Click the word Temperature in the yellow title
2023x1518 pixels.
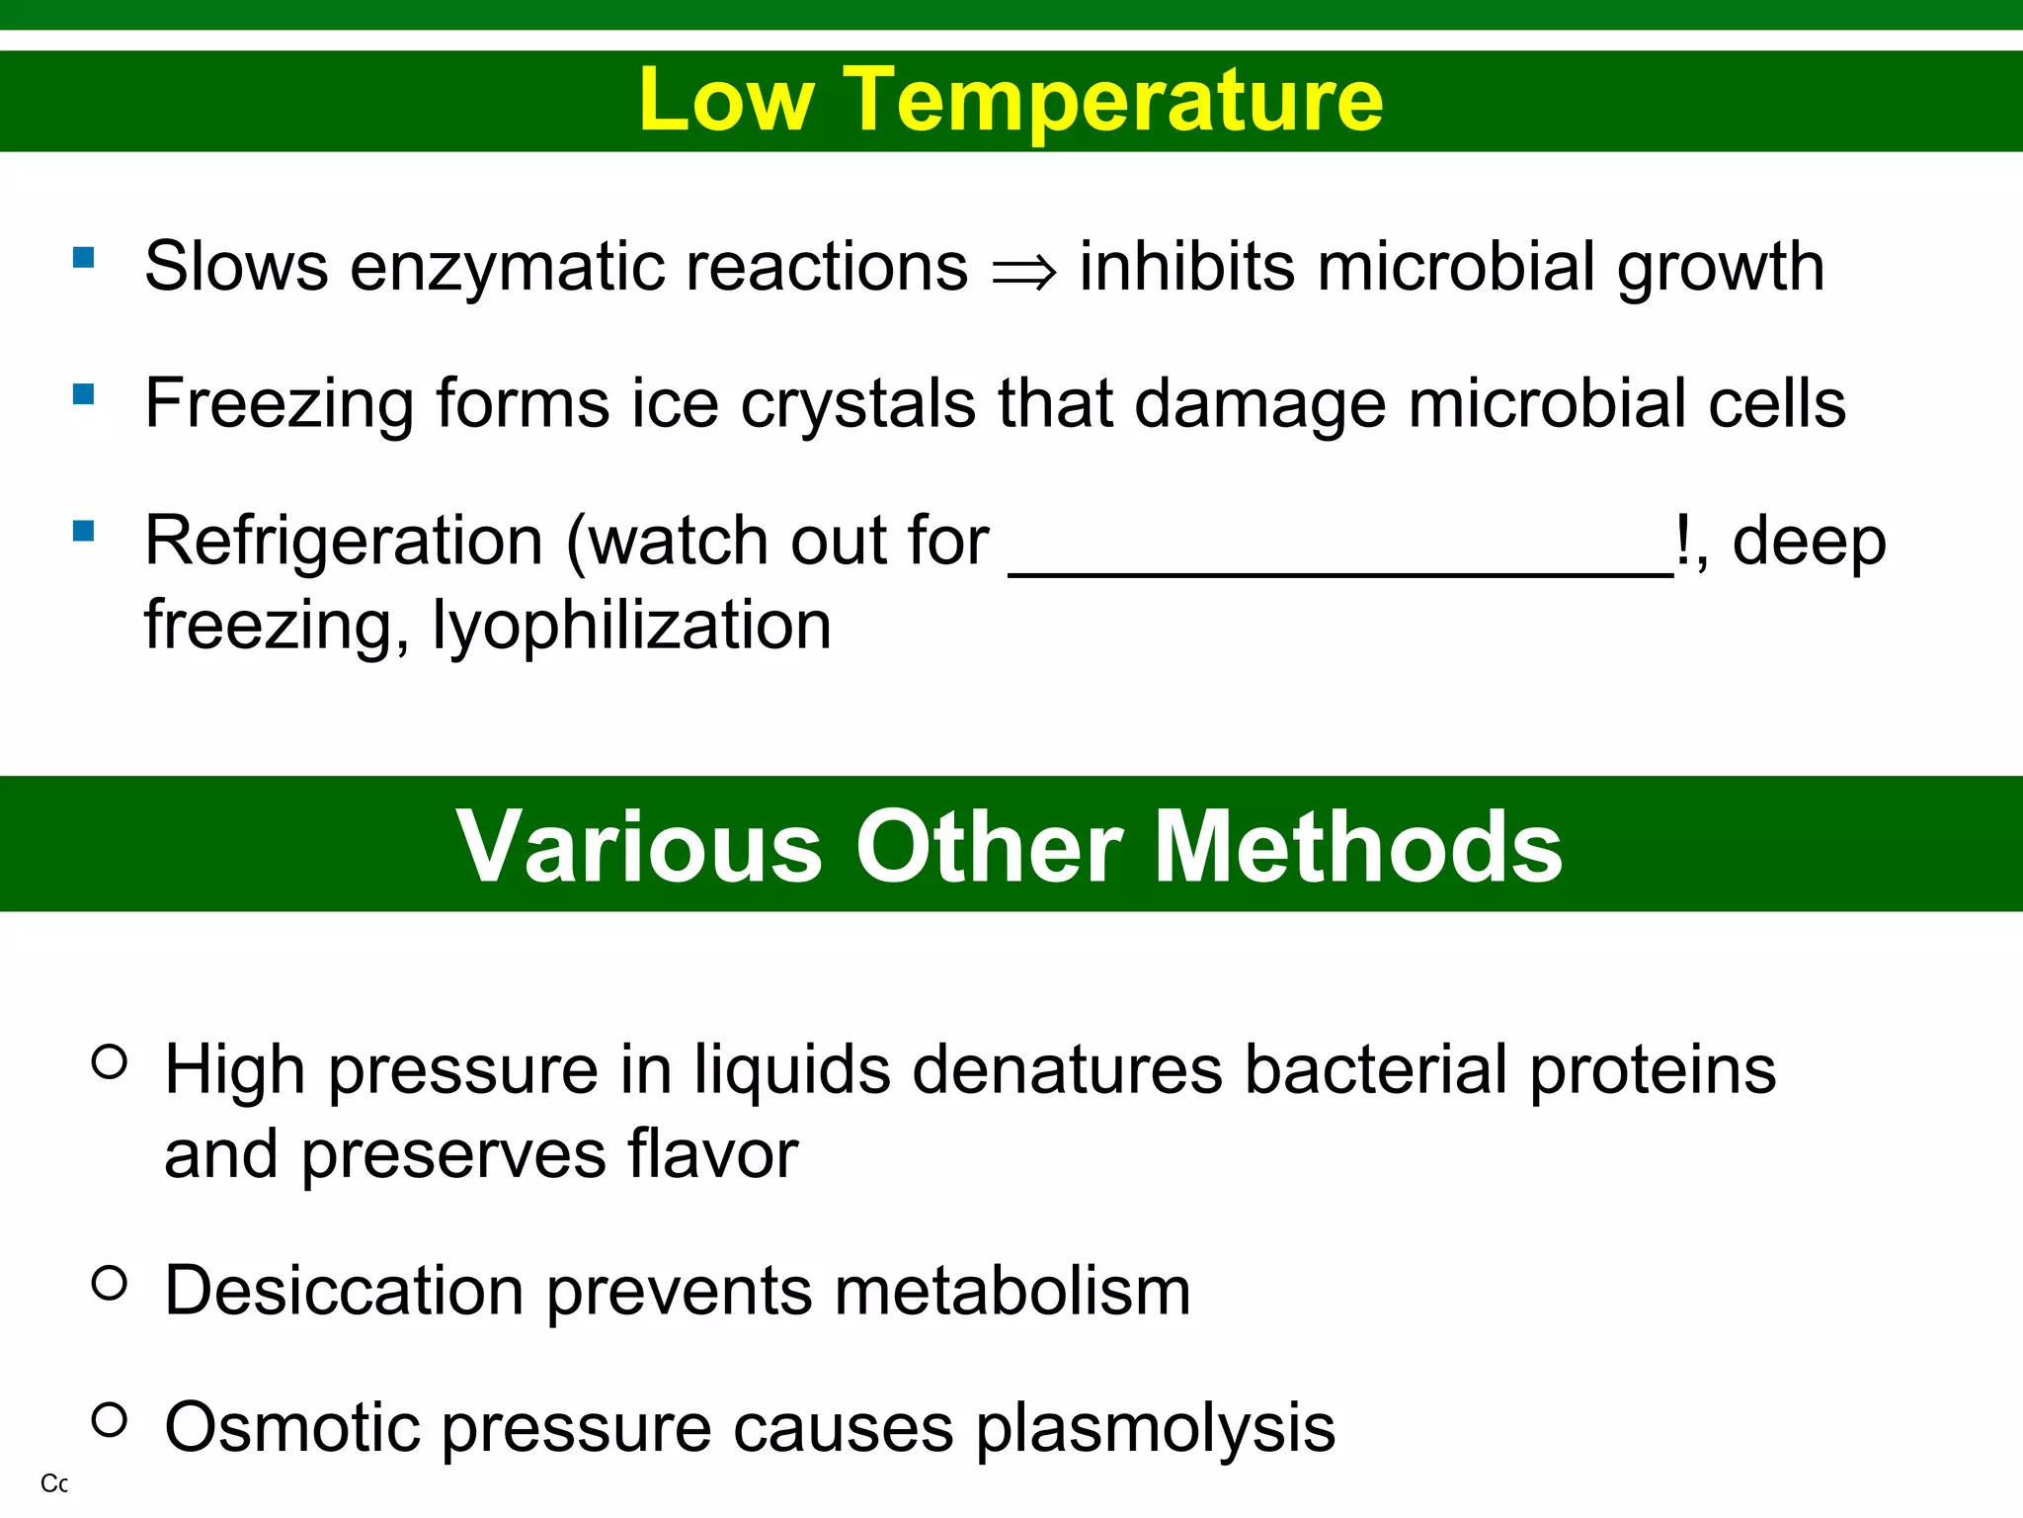pyautogui.click(x=1113, y=100)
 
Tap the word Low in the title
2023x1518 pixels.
pyautogui.click(x=726, y=100)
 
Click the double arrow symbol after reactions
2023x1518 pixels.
pyautogui.click(x=1024, y=270)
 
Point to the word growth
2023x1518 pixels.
pyautogui.click(x=1720, y=268)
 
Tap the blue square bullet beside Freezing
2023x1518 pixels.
pyautogui.click(x=84, y=395)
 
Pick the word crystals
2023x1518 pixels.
pyautogui.click(x=857, y=404)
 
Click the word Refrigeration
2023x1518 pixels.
pyautogui.click(x=344, y=541)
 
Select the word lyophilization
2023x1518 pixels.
pyautogui.click(x=632, y=626)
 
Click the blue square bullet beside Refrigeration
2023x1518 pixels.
pyautogui.click(x=84, y=533)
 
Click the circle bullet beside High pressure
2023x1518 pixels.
pyautogui.click(x=110, y=1061)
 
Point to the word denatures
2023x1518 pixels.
pyautogui.click(x=1067, y=1069)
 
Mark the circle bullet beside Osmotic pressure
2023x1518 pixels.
pyautogui.click(x=110, y=1419)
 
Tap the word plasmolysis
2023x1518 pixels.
pyautogui.click(x=1155, y=1429)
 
